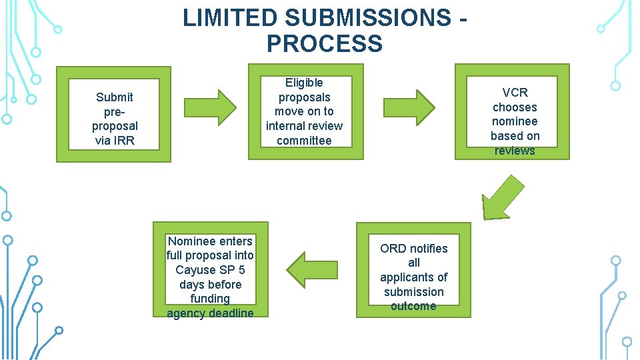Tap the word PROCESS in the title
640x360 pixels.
[x=325, y=44]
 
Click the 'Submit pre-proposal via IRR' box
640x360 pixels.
[x=113, y=115]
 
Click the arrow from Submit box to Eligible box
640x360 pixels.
[x=209, y=104]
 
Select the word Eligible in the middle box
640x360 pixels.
[x=304, y=83]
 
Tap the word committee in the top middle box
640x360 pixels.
[x=304, y=140]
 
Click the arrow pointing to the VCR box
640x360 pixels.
[x=409, y=105]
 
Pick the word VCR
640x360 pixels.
[x=515, y=93]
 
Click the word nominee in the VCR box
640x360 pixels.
[x=515, y=121]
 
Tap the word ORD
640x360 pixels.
[x=393, y=249]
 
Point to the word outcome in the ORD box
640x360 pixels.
[x=413, y=306]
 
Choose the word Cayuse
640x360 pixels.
[x=197, y=270]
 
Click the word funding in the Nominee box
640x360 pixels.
[x=209, y=299]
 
